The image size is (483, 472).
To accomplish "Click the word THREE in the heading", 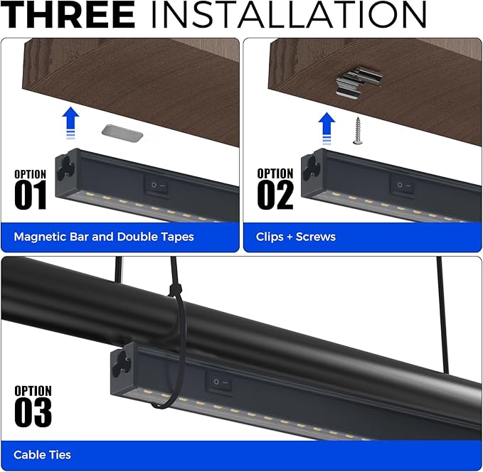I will point(68,16).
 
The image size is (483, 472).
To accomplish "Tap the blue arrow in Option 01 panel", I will point(69,124).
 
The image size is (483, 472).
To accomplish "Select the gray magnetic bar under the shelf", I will point(122,130).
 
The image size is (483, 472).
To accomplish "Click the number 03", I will point(33,412).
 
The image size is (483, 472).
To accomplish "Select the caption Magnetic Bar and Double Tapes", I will point(104,237).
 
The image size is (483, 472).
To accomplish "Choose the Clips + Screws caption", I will point(295,237).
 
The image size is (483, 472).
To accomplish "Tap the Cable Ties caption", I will point(42,454).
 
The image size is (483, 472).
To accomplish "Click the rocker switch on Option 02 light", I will point(405,186).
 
